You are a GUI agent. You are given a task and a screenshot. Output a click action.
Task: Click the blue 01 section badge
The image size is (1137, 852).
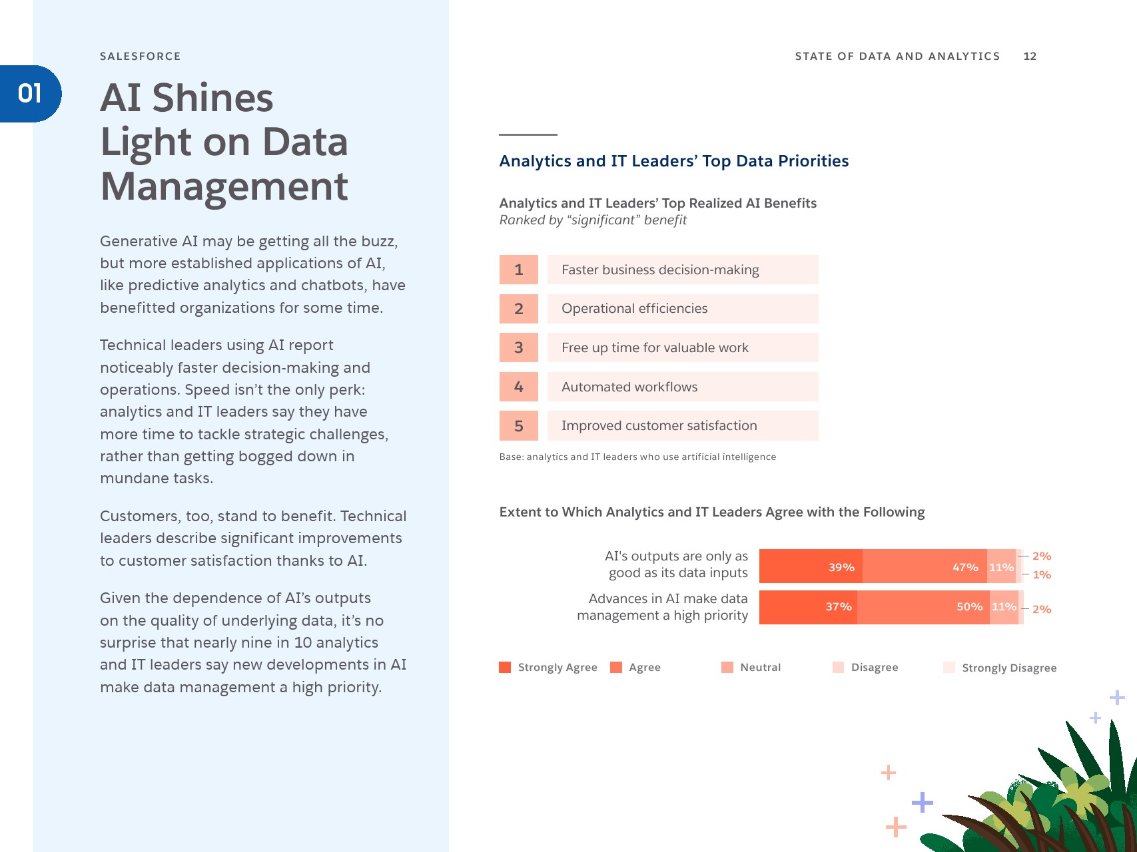[x=31, y=94]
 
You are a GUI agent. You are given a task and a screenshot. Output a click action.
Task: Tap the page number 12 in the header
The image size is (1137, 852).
[x=1030, y=57]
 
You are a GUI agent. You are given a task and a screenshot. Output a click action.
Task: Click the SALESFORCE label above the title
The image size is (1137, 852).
[x=140, y=57]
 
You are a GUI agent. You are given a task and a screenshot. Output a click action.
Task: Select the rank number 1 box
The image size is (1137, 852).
[x=518, y=270]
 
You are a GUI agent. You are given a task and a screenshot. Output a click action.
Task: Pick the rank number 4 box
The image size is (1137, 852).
[x=518, y=387]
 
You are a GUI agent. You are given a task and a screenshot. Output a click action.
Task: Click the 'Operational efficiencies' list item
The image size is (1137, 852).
[x=682, y=309]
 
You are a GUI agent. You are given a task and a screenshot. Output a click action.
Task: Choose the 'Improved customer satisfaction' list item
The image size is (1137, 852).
[x=682, y=426]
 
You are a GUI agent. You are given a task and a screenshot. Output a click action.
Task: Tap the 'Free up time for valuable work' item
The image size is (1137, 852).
[x=682, y=347]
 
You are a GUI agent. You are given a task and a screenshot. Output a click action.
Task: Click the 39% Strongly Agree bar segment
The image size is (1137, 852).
[x=811, y=566]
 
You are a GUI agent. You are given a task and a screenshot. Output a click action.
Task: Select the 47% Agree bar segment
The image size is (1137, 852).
[x=925, y=566]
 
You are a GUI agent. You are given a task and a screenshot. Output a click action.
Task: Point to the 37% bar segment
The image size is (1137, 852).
[x=808, y=607]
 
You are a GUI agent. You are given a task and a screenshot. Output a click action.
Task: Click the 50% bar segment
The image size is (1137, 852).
[x=923, y=607]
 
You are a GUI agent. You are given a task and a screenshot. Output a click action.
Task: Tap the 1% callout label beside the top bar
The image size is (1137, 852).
[x=1042, y=574]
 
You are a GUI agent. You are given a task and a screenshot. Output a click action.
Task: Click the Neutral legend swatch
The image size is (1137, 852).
[x=727, y=668]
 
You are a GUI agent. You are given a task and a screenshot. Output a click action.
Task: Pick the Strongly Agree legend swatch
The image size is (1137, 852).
[x=505, y=668]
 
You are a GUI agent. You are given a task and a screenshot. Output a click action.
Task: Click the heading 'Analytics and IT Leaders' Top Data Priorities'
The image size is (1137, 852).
[x=673, y=161]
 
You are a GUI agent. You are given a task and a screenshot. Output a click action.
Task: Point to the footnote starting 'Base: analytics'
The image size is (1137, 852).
[x=637, y=457]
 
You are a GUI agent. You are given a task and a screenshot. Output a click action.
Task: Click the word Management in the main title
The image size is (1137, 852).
[x=224, y=186]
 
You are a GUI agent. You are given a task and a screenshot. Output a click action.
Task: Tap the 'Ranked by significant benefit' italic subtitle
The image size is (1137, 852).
[x=593, y=220]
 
